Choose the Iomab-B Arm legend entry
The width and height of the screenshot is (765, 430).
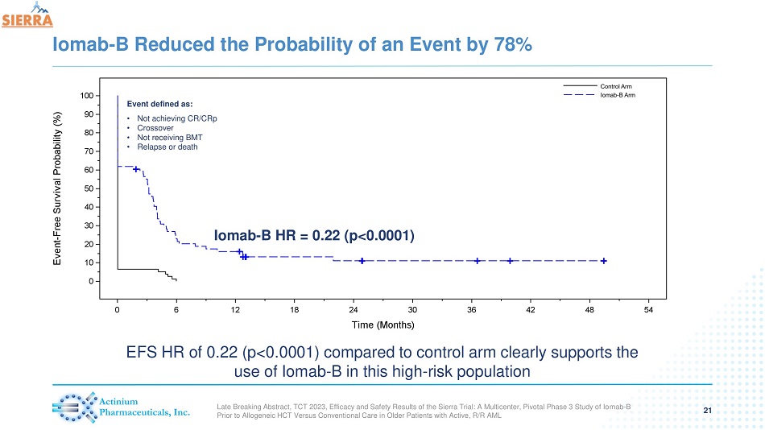(618, 95)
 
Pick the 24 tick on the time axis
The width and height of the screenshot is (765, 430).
(354, 311)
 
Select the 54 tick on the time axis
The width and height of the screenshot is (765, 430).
(649, 311)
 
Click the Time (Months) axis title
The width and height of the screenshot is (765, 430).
(382, 326)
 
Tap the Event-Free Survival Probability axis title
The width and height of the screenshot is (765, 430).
(57, 188)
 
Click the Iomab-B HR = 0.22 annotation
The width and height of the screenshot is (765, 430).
(314, 235)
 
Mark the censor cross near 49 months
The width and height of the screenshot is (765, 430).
(603, 261)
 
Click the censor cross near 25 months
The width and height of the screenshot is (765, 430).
(362, 261)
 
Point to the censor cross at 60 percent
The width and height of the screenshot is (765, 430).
(136, 169)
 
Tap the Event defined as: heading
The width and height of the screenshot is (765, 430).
(159, 104)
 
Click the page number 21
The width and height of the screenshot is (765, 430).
(708, 411)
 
